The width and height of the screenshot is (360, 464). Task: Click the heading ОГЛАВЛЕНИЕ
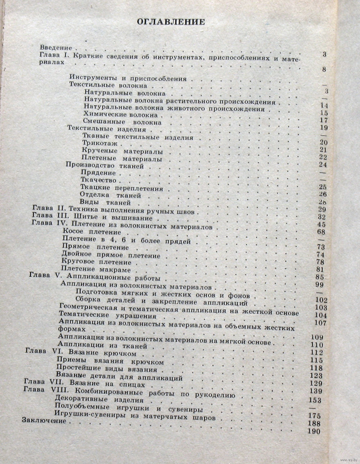171,22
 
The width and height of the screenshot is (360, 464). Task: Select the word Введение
56,48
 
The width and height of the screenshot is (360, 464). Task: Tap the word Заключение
44,420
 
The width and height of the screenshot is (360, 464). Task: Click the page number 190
314,432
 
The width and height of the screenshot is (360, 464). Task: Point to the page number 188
314,424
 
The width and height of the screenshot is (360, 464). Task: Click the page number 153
315,400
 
